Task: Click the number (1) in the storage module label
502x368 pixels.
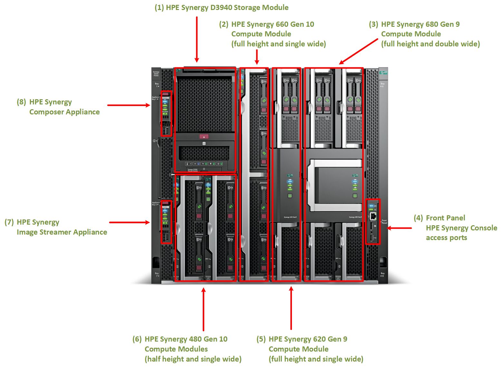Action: pos(159,8)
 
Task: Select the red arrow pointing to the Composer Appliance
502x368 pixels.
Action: pos(129,105)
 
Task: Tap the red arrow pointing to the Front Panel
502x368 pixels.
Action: pos(399,228)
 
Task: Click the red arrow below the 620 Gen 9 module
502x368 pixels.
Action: pos(291,308)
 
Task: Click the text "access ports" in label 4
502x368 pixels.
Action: pos(446,238)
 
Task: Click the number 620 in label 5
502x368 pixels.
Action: pos(309,339)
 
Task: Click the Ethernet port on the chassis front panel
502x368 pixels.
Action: pos(373,216)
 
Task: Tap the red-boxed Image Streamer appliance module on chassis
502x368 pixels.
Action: pos(166,222)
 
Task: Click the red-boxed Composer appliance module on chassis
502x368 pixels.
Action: pos(166,113)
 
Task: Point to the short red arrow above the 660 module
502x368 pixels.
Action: pos(257,57)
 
